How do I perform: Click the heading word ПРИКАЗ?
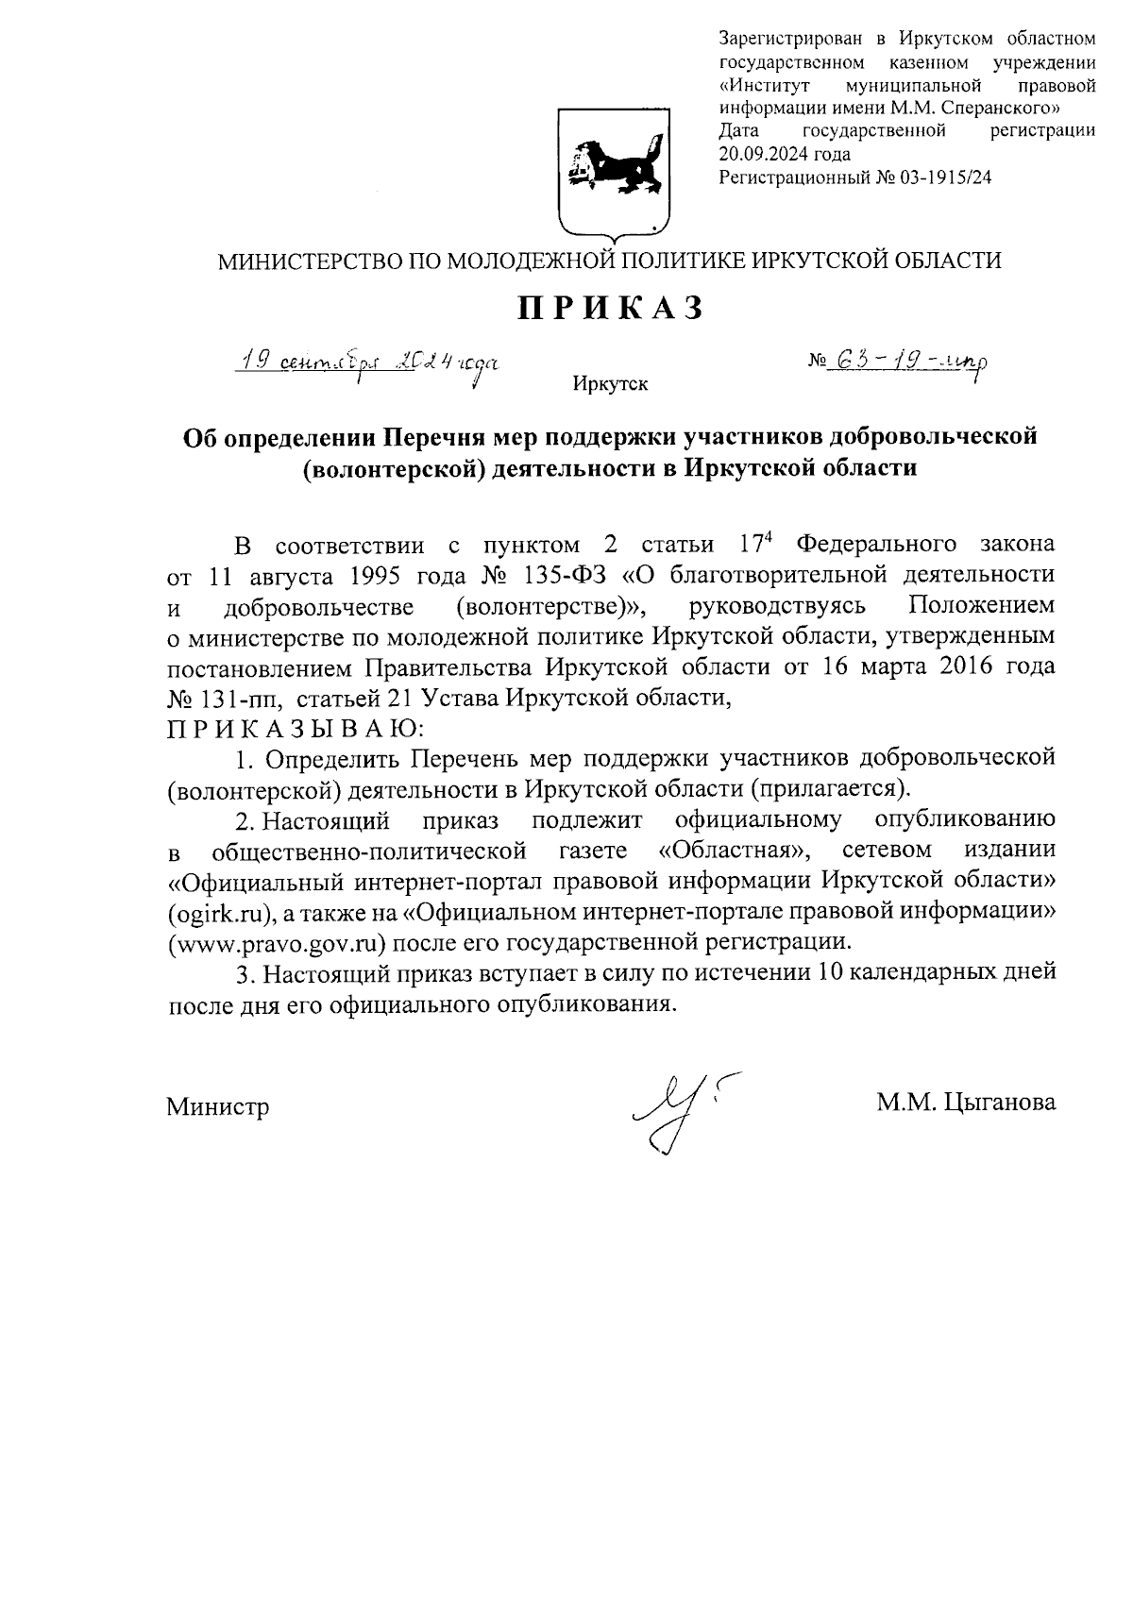tap(609, 309)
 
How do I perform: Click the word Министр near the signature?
tap(218, 1106)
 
